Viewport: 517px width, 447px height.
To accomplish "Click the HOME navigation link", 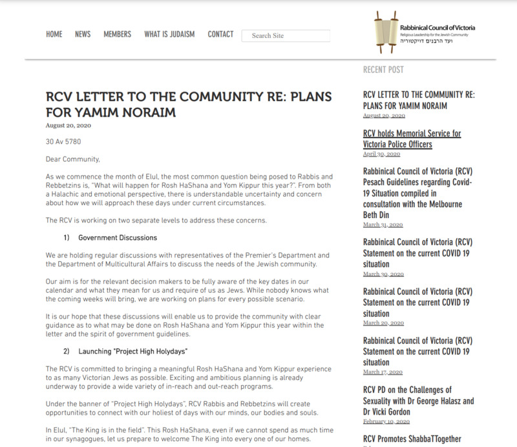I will tap(54, 34).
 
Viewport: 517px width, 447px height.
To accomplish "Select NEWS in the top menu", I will tap(83, 34).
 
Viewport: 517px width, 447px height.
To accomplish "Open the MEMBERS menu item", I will tap(117, 34).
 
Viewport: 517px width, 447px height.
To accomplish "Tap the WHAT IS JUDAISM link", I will tap(169, 34).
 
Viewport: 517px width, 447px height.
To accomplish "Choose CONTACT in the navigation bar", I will tap(220, 34).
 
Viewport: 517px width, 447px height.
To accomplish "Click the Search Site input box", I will tap(286, 35).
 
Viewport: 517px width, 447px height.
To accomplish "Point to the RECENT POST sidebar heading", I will tap(383, 70).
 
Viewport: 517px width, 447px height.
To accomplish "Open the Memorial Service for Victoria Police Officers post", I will tap(412, 139).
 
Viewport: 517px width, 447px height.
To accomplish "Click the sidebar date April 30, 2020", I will tap(382, 154).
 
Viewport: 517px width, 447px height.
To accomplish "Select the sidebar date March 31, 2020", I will tap(383, 224).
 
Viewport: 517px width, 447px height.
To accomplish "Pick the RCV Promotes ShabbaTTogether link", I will tap(412, 439).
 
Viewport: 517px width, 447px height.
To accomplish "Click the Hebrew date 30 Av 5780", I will tap(63, 142).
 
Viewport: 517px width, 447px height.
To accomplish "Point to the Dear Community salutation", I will tap(73, 159).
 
